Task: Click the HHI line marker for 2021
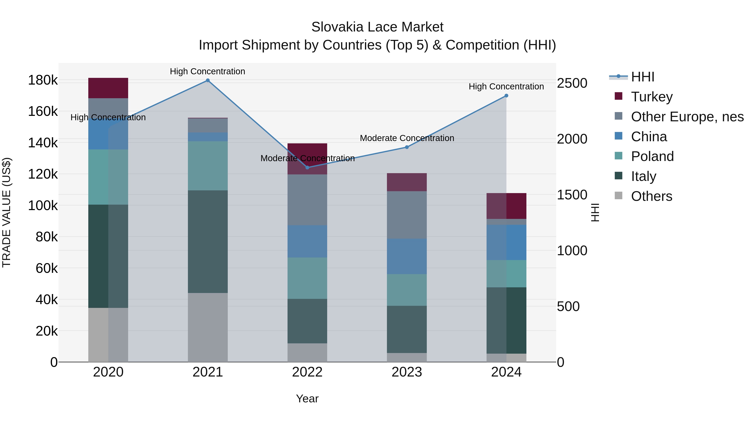click(207, 80)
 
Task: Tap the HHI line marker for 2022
click(307, 167)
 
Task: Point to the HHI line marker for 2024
click(506, 96)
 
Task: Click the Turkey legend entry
click(652, 97)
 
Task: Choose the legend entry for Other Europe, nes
click(687, 117)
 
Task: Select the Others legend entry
click(651, 196)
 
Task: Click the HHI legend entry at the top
click(642, 77)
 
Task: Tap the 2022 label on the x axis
click(307, 372)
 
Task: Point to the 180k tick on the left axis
click(43, 80)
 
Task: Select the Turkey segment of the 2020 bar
click(108, 88)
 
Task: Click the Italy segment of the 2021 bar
click(207, 241)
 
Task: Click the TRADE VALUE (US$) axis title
click(7, 212)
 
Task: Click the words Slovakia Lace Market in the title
click(377, 27)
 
